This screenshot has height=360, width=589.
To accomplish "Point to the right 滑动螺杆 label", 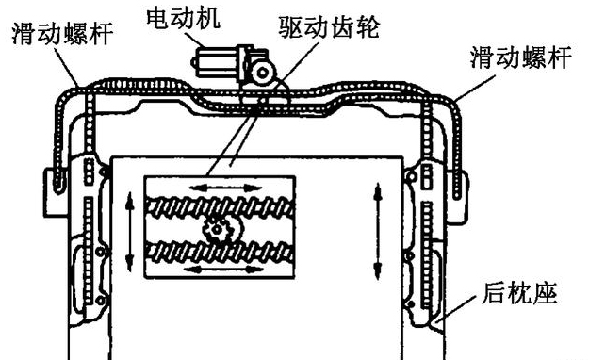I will point(520,57).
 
